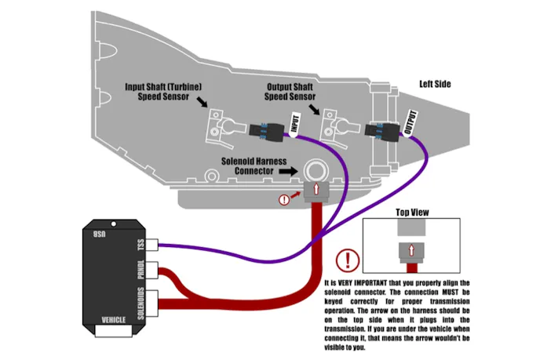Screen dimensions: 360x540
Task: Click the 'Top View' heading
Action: (411, 213)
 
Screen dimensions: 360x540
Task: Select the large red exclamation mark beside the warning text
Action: (345, 260)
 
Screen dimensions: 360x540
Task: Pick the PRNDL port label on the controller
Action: (143, 274)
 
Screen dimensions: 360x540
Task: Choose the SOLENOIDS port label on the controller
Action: (143, 304)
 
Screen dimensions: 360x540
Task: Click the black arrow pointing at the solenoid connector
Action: (290, 169)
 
